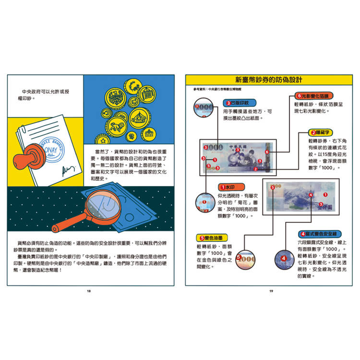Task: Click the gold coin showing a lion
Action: click(x=117, y=127)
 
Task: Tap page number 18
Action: click(x=89, y=291)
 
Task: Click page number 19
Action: click(x=271, y=291)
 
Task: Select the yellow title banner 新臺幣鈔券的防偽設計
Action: click(x=271, y=80)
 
